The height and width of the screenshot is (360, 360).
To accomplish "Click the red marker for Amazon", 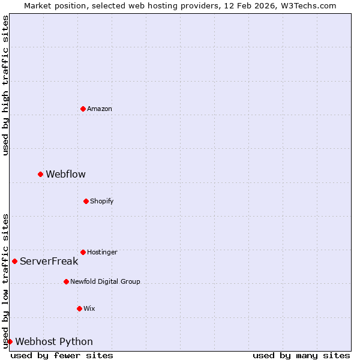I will tap(83, 109).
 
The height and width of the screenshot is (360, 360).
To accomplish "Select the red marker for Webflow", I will tap(40, 174).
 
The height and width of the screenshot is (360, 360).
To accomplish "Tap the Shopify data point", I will tap(86, 201).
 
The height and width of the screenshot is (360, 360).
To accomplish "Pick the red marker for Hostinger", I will tap(83, 252).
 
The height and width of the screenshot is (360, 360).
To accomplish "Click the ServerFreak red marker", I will tap(14, 261).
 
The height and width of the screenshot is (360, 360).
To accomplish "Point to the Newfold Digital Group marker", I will tap(66, 281).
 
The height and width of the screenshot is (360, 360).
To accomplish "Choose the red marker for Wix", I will tap(79, 308).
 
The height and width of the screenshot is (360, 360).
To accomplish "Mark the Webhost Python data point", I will tap(10, 341).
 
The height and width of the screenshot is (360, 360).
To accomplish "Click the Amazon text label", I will tap(100, 109).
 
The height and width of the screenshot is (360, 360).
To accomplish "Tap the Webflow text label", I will tap(66, 174).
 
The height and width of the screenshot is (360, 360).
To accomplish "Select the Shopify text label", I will tap(102, 201).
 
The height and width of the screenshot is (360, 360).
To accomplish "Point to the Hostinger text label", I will tap(103, 252).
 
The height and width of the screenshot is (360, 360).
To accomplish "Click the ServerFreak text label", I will tap(49, 261).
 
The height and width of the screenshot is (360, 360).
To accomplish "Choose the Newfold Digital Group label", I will tap(105, 281).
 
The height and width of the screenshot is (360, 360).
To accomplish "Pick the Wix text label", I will tap(89, 308).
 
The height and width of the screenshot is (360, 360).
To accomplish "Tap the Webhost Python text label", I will tap(54, 341).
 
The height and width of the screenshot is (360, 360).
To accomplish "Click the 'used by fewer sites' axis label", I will tap(62, 355).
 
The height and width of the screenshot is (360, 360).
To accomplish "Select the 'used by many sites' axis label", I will tap(301, 355).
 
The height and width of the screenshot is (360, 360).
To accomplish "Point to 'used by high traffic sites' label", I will tap(5, 86).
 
